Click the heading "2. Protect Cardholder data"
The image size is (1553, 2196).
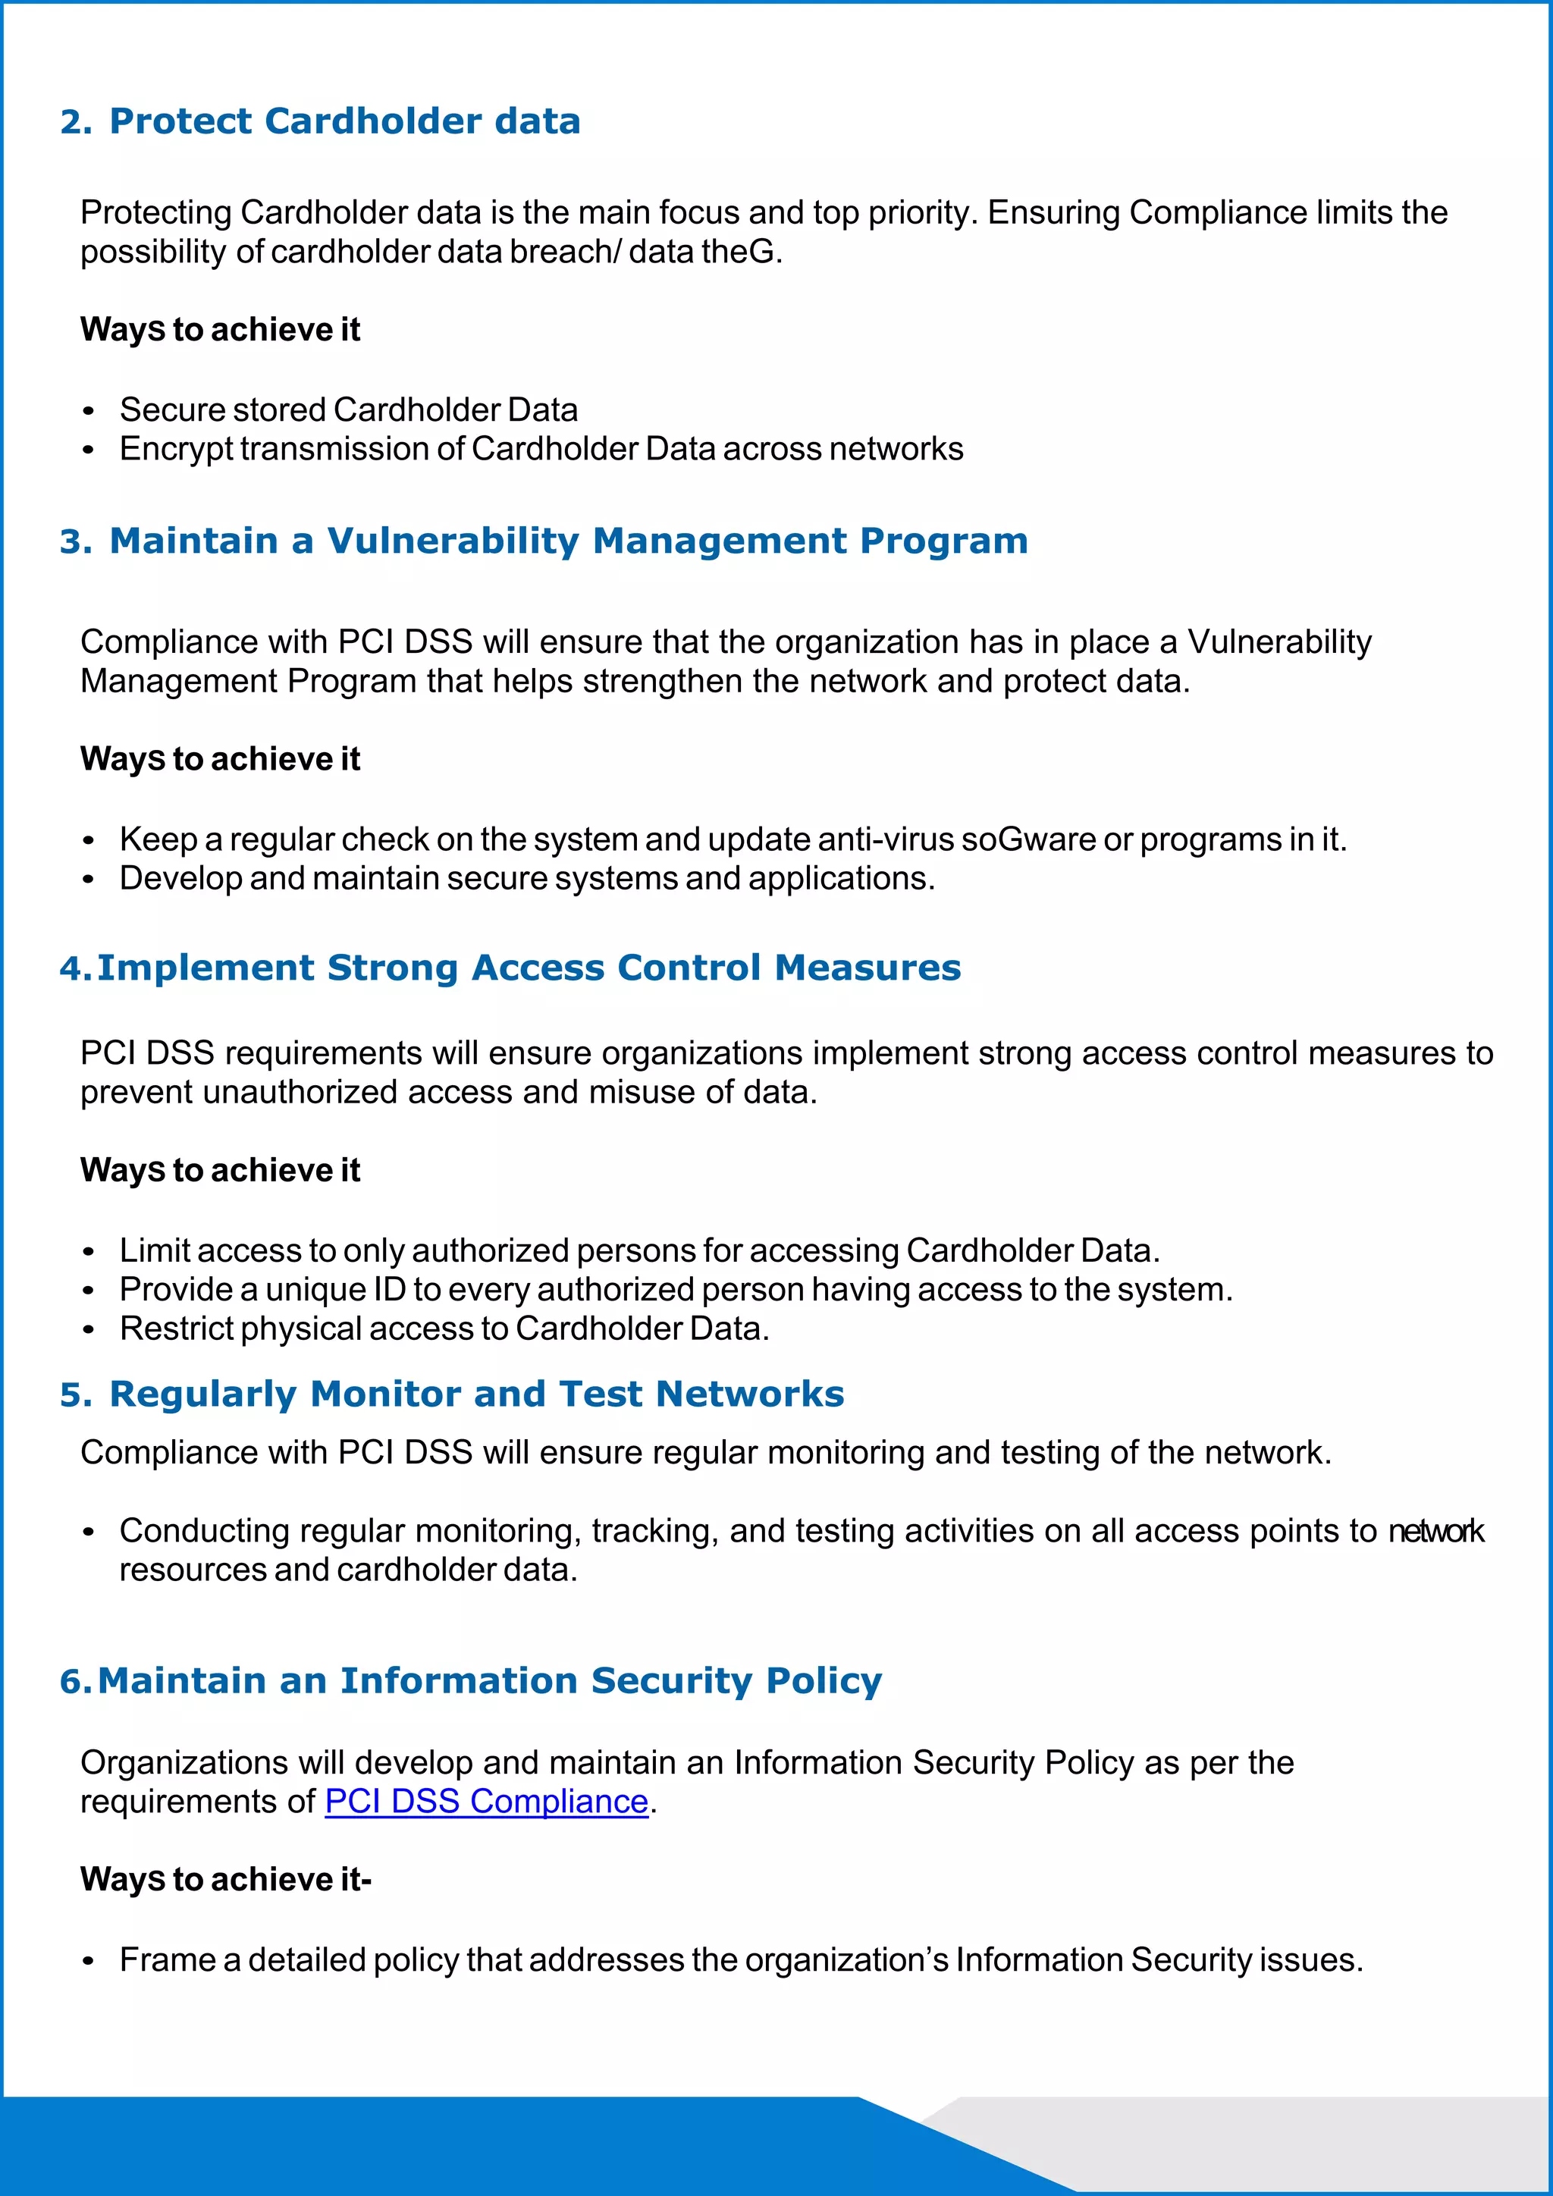click(x=320, y=121)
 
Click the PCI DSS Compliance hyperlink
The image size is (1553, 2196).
click(x=486, y=1801)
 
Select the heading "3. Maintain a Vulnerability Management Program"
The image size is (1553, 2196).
click(x=543, y=541)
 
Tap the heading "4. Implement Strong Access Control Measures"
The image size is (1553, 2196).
click(x=510, y=968)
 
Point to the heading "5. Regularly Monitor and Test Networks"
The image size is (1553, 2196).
click(x=451, y=1394)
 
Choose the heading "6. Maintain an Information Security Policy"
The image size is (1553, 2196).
click(x=470, y=1680)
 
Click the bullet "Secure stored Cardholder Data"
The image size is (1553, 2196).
click(x=348, y=410)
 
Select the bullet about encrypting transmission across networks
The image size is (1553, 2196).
click(x=541, y=450)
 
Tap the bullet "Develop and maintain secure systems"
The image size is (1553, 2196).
click(x=527, y=879)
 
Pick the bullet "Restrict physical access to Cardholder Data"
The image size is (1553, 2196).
click(x=444, y=1329)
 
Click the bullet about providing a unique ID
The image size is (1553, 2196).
click(x=676, y=1289)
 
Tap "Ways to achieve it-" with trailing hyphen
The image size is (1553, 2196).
click(x=226, y=1880)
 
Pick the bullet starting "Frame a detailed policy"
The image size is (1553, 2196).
click(x=741, y=1959)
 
